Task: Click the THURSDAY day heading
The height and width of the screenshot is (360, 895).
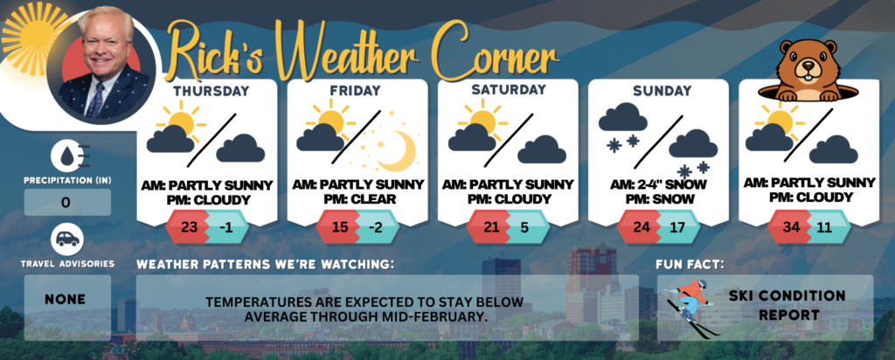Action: coord(212,91)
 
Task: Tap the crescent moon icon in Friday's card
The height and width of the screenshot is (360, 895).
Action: coord(398,151)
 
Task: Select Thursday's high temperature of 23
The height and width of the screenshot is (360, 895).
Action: coord(189,226)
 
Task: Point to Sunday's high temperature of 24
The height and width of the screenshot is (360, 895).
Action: coord(642,226)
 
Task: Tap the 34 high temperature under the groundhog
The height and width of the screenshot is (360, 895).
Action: coord(791,226)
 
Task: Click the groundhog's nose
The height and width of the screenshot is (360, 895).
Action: coord(807,63)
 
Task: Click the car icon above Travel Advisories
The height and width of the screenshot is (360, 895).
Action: coord(67,239)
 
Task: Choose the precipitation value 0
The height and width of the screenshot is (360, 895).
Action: coord(66,203)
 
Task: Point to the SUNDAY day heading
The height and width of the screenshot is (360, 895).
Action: coord(662,91)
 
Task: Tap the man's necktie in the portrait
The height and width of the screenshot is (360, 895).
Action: coord(95,100)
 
